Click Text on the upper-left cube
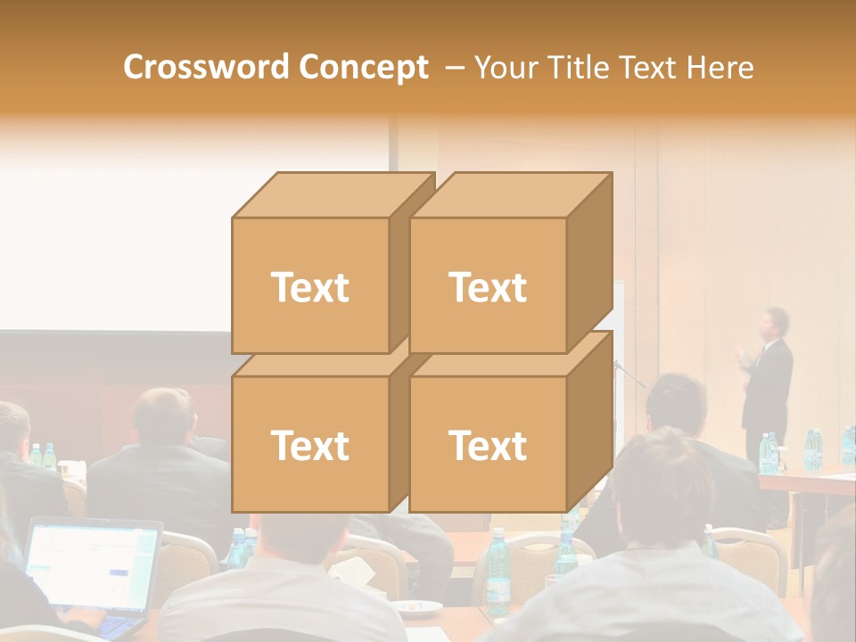(x=309, y=287)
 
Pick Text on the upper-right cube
(x=488, y=287)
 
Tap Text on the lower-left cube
(x=309, y=445)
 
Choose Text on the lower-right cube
(x=488, y=445)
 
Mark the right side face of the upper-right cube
(x=589, y=263)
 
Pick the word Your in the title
(x=507, y=67)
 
